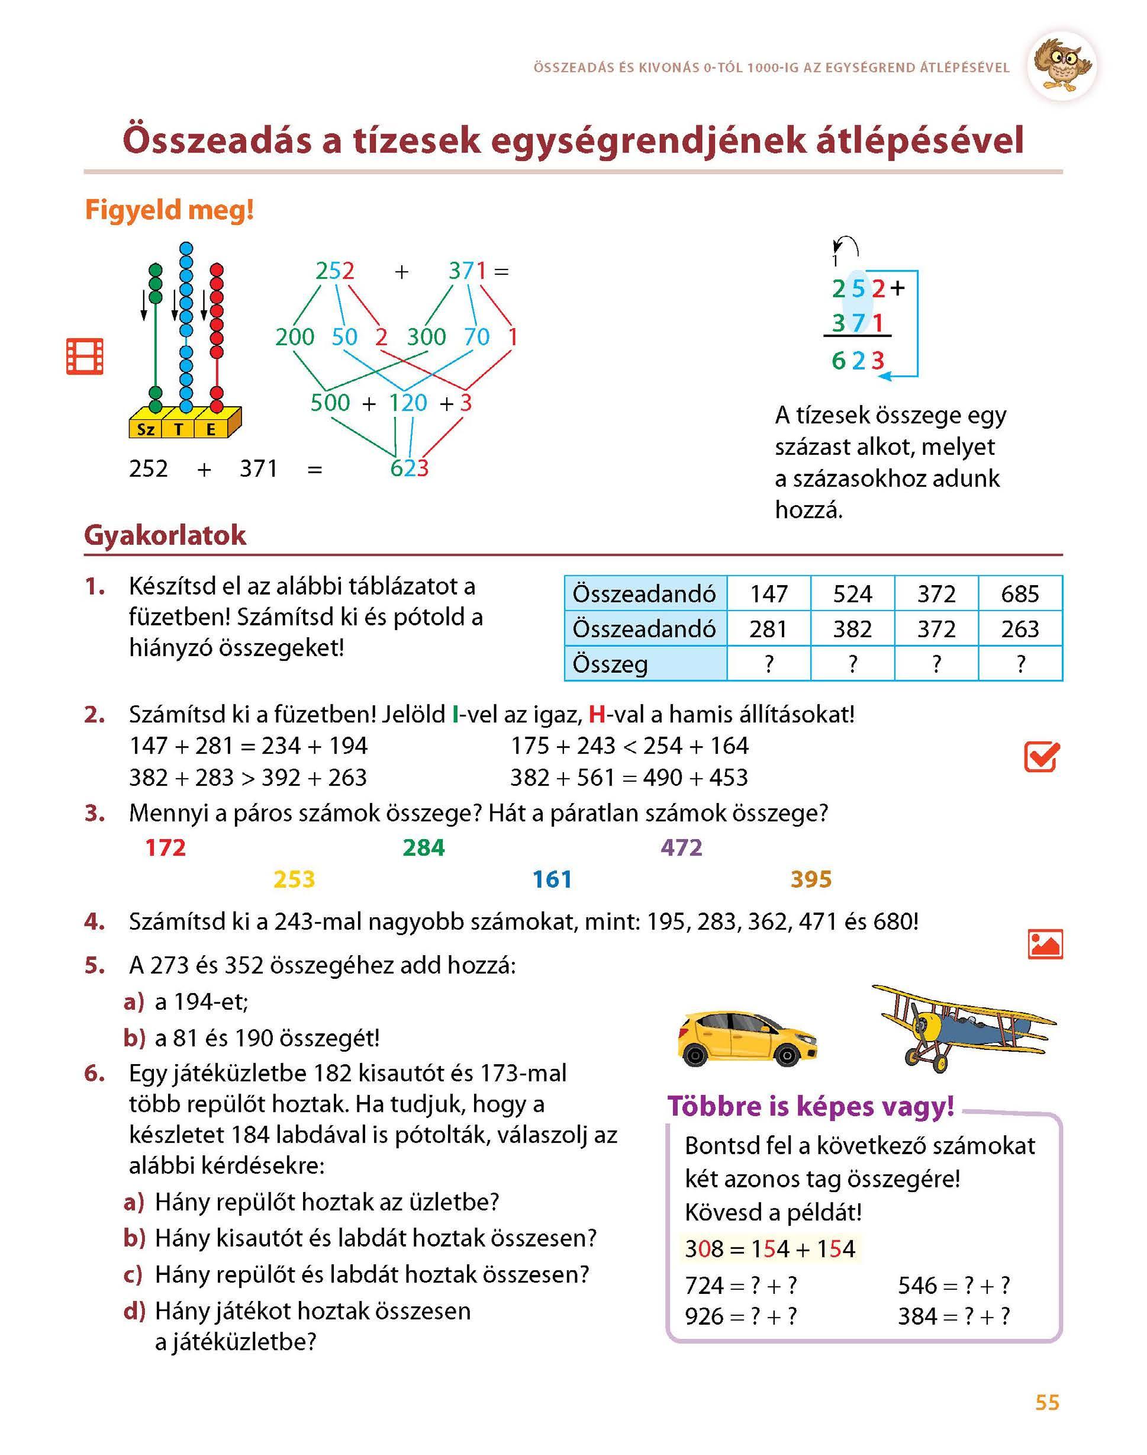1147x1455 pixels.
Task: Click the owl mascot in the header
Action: [x=1061, y=66]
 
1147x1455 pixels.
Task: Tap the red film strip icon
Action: [x=85, y=356]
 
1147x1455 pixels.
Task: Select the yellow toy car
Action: [x=747, y=1037]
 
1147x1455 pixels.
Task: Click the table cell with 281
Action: [x=768, y=629]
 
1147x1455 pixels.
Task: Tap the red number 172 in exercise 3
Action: [x=165, y=848]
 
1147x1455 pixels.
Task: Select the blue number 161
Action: [x=552, y=879]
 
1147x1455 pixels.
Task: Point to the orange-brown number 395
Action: [x=811, y=879]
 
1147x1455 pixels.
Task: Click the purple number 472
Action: [x=681, y=848]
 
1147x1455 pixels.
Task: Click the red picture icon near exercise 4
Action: [x=1045, y=944]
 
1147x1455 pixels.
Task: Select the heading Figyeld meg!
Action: [x=169, y=211]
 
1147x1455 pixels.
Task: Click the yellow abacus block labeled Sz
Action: [x=146, y=429]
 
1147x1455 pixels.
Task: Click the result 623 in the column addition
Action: [x=858, y=361]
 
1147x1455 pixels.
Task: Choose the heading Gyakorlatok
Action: [x=165, y=535]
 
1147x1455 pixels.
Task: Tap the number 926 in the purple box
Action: [x=703, y=1316]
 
